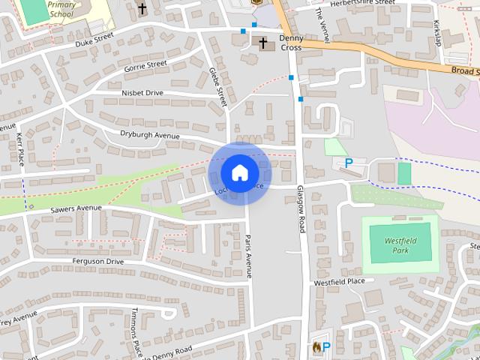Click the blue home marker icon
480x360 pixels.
click(x=239, y=172)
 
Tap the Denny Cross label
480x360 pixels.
click(x=290, y=42)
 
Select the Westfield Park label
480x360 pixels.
click(x=400, y=245)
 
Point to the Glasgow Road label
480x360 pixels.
click(x=300, y=209)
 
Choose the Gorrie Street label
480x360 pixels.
click(x=145, y=66)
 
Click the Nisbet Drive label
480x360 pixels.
click(x=142, y=93)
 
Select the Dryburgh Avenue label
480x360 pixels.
click(x=150, y=135)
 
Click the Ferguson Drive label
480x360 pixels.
click(x=97, y=261)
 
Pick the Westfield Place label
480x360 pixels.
click(x=338, y=282)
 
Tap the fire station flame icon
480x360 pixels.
click(x=316, y=347)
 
